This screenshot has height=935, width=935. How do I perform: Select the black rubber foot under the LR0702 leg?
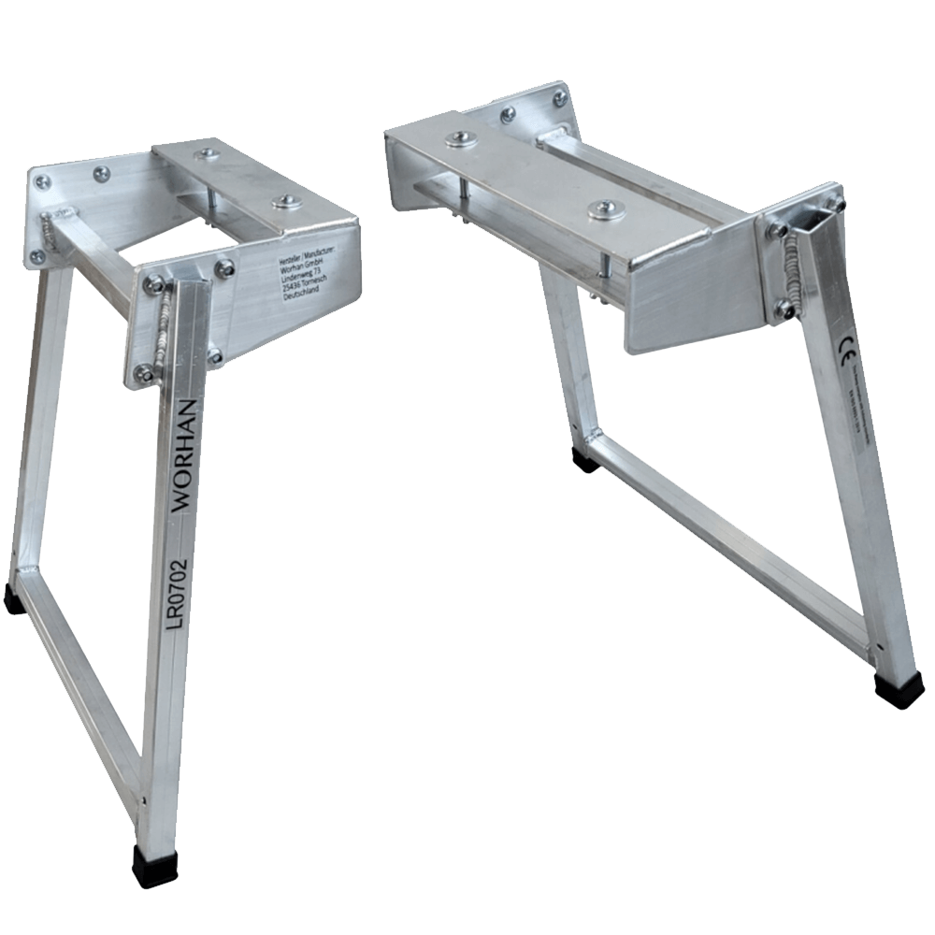coord(151,866)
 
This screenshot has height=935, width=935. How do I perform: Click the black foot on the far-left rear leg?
coord(14,599)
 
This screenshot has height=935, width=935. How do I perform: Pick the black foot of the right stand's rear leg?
coord(586,459)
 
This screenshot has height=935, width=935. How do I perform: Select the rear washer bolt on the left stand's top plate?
coord(204,152)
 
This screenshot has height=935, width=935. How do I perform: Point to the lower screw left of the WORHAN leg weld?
coord(144,373)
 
